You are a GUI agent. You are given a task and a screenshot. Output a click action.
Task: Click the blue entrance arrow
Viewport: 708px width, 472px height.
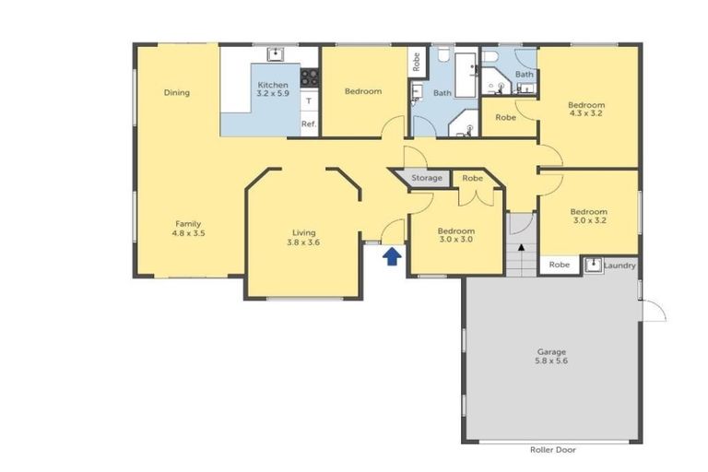tap(391, 255)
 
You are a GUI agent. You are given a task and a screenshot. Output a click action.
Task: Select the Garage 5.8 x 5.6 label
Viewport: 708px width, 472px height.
tap(551, 357)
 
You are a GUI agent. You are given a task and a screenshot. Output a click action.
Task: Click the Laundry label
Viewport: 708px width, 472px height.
tap(620, 265)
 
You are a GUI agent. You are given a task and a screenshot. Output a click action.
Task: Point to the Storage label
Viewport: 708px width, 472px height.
tap(427, 178)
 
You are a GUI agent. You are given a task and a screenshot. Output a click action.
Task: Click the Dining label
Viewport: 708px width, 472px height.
tap(176, 92)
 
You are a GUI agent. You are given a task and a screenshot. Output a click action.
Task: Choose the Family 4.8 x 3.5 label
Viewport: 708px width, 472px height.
tap(188, 229)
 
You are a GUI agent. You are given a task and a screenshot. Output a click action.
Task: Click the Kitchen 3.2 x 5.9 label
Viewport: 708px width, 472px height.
tap(272, 89)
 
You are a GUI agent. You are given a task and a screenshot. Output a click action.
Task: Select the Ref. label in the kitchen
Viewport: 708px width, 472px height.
tap(309, 124)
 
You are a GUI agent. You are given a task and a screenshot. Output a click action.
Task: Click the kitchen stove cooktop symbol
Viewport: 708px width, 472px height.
tap(309, 77)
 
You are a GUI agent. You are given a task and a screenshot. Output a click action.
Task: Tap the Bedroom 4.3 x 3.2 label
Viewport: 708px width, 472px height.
tap(586, 109)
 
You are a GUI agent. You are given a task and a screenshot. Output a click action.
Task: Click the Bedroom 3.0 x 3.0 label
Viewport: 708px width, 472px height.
tap(455, 235)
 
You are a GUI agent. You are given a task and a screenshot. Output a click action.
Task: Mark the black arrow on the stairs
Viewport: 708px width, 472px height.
tap(521, 247)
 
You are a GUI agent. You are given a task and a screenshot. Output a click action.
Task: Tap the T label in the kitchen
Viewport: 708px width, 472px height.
tap(309, 100)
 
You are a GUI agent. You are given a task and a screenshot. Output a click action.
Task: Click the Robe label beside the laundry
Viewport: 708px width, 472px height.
tap(559, 265)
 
